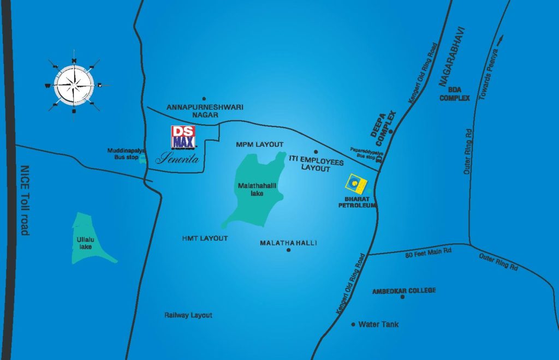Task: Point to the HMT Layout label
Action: tap(205, 239)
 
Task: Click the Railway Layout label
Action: tap(188, 315)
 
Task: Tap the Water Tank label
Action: tap(378, 325)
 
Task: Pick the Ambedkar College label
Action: tap(404, 291)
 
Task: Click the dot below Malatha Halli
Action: tap(288, 250)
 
